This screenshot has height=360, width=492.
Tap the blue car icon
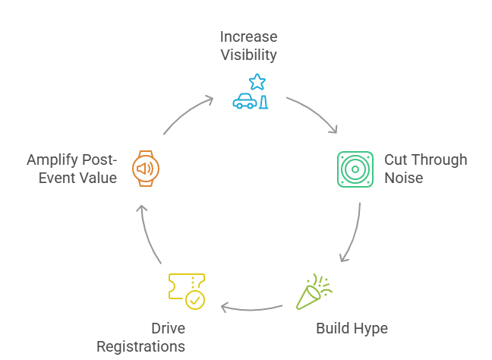(244, 102)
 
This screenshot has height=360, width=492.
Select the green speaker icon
(355, 169)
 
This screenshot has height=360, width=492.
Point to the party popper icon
(312, 292)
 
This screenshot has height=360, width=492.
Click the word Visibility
(248, 55)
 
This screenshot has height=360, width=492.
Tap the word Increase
(248, 37)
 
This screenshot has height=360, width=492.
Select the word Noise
(403, 178)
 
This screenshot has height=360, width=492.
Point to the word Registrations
(140, 346)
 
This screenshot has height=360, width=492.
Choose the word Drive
(167, 328)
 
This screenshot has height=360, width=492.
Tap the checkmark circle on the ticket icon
(194, 300)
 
